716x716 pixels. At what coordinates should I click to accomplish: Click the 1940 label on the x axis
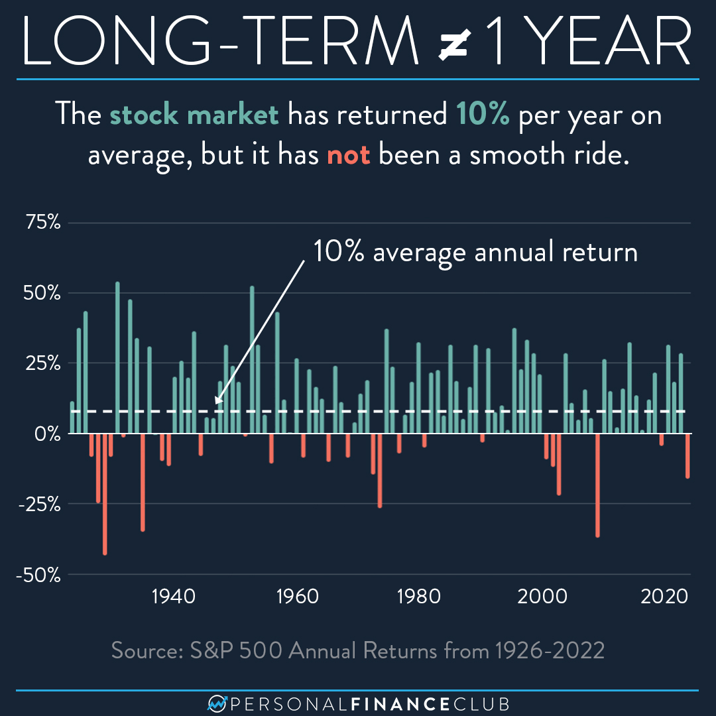coord(174,596)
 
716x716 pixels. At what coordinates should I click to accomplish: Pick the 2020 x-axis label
coord(664,596)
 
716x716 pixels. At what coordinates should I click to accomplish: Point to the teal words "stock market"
coord(194,115)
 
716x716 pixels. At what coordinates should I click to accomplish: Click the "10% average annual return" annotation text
coord(475,253)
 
